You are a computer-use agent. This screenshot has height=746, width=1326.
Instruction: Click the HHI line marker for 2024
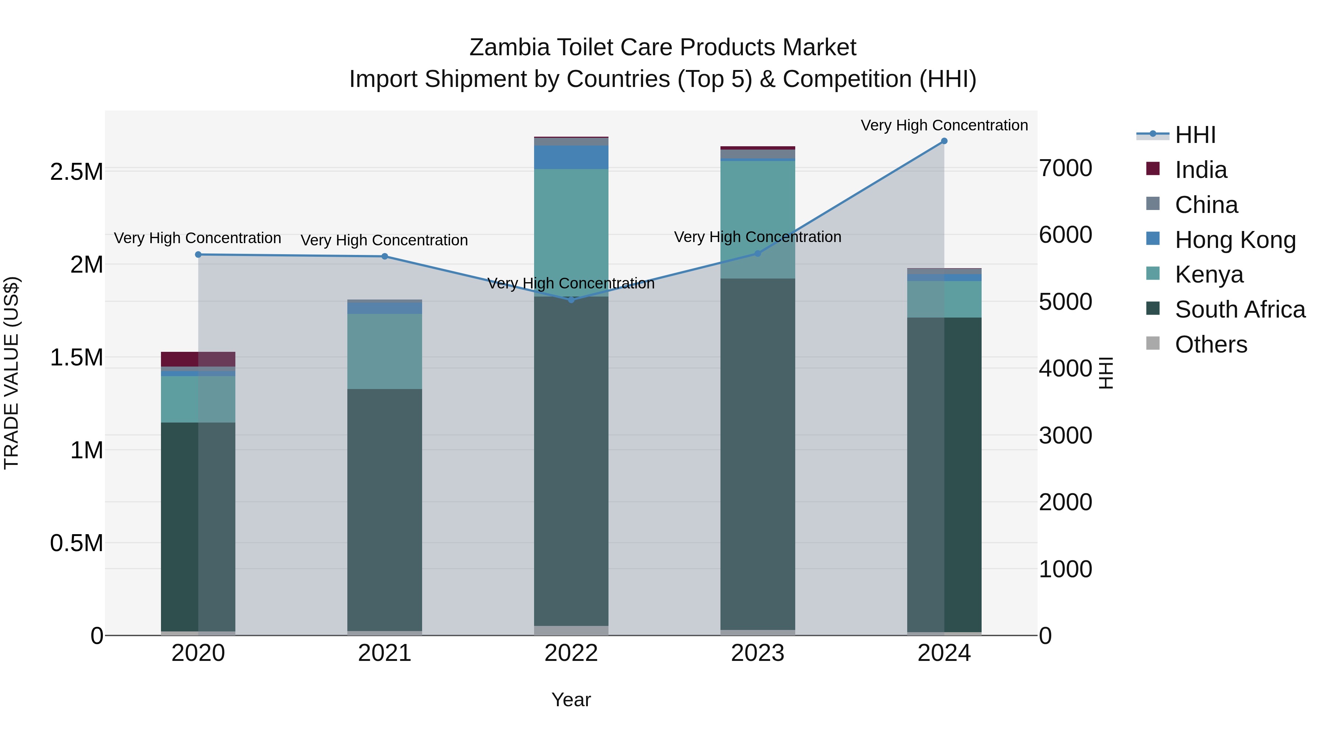(x=944, y=141)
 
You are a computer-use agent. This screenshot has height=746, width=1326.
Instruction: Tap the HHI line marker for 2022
(x=571, y=300)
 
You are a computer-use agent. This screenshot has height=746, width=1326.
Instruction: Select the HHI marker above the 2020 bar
(x=198, y=254)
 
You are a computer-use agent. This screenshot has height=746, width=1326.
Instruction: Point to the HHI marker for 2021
(x=385, y=256)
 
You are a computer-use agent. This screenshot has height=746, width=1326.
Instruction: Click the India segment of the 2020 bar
(x=198, y=359)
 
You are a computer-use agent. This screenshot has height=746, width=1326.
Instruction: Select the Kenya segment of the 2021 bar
(x=385, y=351)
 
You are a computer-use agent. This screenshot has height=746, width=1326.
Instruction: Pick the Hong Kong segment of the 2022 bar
(x=571, y=157)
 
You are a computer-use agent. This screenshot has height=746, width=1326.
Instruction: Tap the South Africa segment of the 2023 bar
(x=757, y=453)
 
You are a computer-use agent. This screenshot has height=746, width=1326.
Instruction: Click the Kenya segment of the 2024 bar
(x=944, y=299)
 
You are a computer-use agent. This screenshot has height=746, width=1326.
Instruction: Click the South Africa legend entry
(x=1239, y=309)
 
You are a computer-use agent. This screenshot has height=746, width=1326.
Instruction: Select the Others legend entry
(x=1211, y=344)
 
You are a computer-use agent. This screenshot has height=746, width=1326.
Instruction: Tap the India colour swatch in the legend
(x=1153, y=169)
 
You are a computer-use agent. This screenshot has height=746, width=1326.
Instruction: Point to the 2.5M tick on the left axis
(x=77, y=172)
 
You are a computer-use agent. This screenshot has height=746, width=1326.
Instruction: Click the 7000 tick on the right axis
(x=1065, y=168)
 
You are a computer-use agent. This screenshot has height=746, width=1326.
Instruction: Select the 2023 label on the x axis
(x=757, y=653)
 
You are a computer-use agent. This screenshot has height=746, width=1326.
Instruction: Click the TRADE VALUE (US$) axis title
(x=11, y=373)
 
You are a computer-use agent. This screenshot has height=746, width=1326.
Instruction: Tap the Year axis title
(x=571, y=700)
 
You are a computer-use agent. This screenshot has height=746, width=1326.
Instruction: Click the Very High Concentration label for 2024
(x=944, y=125)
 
